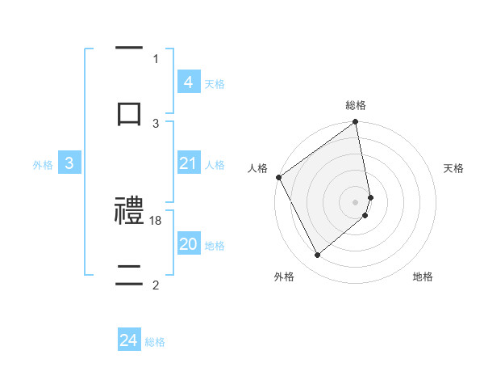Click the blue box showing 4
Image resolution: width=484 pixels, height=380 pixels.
click(x=188, y=82)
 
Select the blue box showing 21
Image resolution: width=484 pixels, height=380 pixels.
click(x=188, y=164)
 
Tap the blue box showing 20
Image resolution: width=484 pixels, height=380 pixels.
click(x=188, y=245)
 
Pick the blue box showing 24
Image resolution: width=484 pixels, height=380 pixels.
click(x=128, y=341)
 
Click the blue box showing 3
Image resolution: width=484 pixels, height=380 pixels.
click(x=69, y=164)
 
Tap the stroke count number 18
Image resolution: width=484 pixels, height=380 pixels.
click(x=156, y=221)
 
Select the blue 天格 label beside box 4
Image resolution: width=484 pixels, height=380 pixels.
click(x=215, y=84)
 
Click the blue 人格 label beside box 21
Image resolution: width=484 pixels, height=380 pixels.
click(x=215, y=165)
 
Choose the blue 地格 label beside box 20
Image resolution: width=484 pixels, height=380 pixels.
click(x=215, y=246)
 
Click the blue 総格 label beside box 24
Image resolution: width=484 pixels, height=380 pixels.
click(x=155, y=342)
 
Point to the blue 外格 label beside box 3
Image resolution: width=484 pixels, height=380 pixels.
click(x=43, y=165)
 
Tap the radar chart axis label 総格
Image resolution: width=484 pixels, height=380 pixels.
click(x=356, y=106)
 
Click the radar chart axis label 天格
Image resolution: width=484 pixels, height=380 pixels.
click(x=453, y=168)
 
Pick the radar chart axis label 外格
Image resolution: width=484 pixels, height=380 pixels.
click(x=284, y=277)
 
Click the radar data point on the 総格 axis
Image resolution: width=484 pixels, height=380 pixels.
click(x=355, y=123)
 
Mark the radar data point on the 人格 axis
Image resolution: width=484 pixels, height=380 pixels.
click(x=278, y=177)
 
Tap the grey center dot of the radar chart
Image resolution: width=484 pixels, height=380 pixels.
click(x=355, y=201)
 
